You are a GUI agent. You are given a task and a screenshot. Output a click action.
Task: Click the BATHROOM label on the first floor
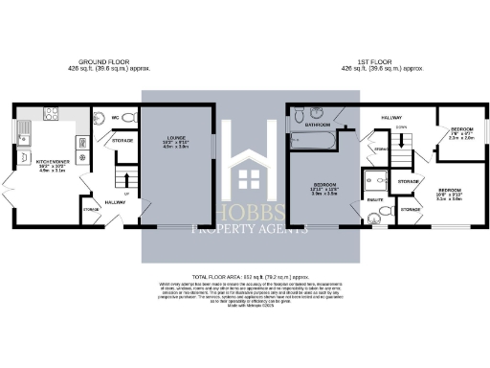coord(318,125)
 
